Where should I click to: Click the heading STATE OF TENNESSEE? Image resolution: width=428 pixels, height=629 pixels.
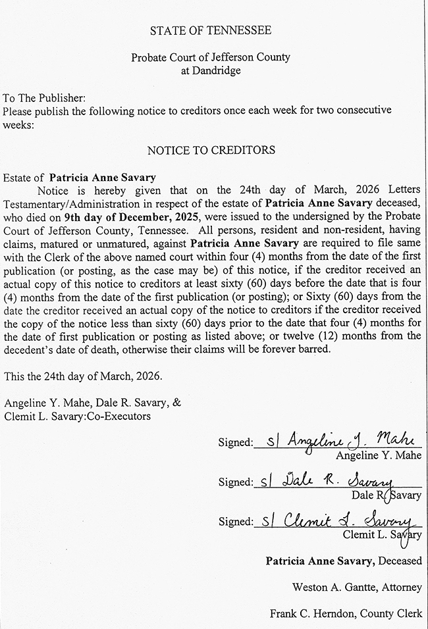pos(211,31)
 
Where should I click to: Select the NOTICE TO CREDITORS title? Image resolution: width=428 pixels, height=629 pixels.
pos(211,150)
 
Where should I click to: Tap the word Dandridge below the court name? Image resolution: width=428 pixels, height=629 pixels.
pos(211,70)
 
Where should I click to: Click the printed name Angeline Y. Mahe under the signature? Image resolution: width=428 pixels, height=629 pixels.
pos(378,455)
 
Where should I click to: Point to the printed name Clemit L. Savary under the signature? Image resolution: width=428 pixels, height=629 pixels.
pos(382,535)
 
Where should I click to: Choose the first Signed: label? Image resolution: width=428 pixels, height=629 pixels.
pos(235,443)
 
